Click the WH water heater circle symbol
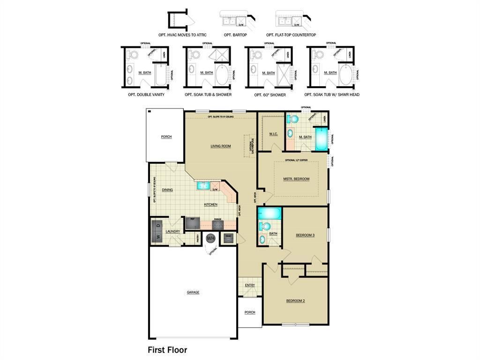point(210,238)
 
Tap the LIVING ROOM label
point(220,146)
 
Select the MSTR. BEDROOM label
point(296,179)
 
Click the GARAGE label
point(193,292)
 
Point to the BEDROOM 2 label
point(295,301)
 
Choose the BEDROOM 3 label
point(305,235)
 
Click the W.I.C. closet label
point(273,135)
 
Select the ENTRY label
point(250,285)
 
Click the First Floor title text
point(167,350)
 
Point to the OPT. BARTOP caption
point(235,35)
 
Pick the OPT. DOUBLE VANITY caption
point(146,95)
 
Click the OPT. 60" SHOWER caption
point(270,95)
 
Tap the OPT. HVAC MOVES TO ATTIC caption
point(182,35)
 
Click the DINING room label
point(167,190)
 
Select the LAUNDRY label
point(173,232)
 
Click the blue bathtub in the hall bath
point(269,214)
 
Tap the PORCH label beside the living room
point(166,137)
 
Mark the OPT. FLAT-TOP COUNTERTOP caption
point(291,35)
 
